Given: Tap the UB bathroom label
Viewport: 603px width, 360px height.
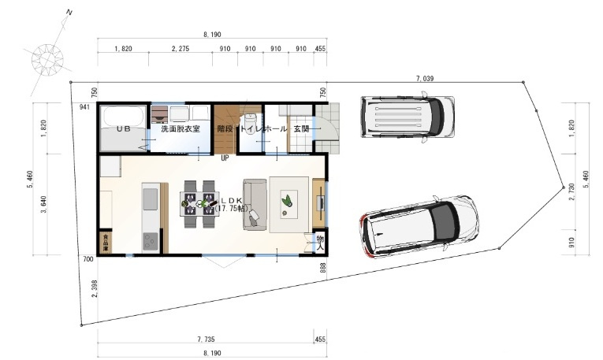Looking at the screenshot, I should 124,128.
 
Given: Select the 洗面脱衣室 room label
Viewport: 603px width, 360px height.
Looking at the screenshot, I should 181,128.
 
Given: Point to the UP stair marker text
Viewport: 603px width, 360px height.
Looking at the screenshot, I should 225,158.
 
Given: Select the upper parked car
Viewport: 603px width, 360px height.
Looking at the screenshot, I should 407,117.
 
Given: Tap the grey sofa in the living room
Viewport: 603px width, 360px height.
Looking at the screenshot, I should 255,205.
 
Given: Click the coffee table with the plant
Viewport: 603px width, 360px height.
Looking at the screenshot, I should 288,204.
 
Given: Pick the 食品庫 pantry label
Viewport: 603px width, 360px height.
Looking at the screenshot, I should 105,242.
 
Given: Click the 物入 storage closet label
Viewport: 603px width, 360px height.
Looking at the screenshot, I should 320,241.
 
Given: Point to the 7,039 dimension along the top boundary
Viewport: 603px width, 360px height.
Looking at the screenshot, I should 424,79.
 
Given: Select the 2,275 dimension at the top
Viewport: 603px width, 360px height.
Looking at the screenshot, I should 181,49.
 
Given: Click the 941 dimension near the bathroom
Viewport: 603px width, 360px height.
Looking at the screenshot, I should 84,108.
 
